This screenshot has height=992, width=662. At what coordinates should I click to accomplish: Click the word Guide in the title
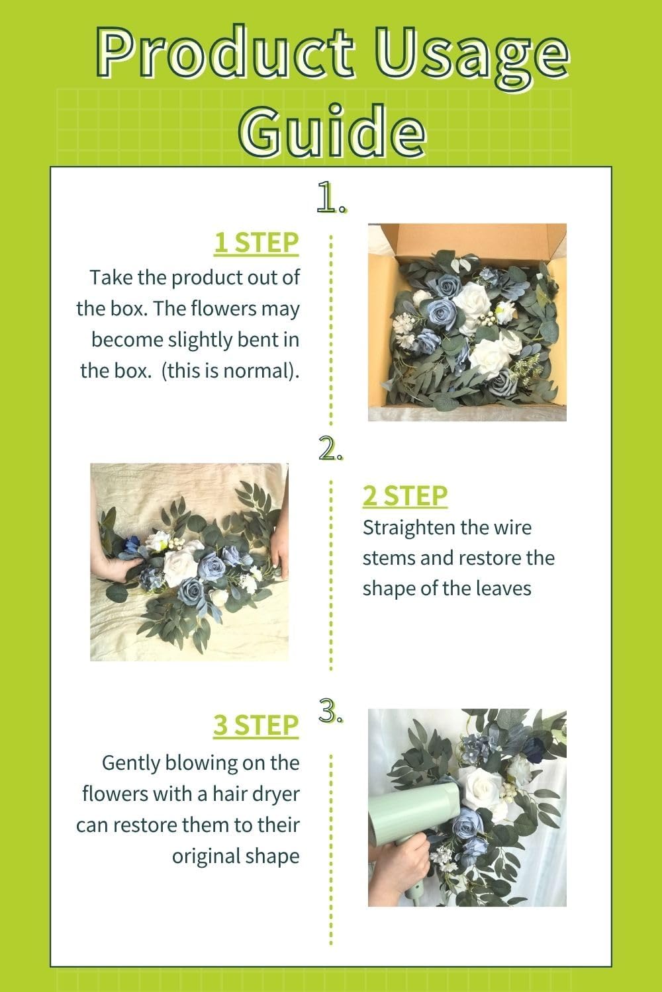pos(330,128)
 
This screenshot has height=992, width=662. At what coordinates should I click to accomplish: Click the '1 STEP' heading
pos(256,243)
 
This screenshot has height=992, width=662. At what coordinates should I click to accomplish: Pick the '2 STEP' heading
pos(404,495)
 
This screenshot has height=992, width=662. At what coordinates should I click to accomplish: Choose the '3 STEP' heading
pos(256,725)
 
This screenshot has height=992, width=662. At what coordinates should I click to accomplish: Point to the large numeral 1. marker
pos(330,198)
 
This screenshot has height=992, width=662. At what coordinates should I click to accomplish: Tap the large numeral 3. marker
pos(330,710)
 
